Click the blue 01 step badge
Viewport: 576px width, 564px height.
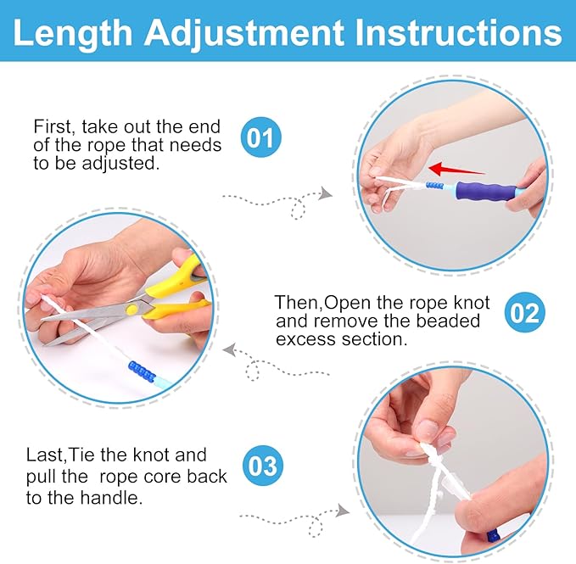262,137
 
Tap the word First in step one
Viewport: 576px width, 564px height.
53,127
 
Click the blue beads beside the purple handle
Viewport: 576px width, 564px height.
435,185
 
